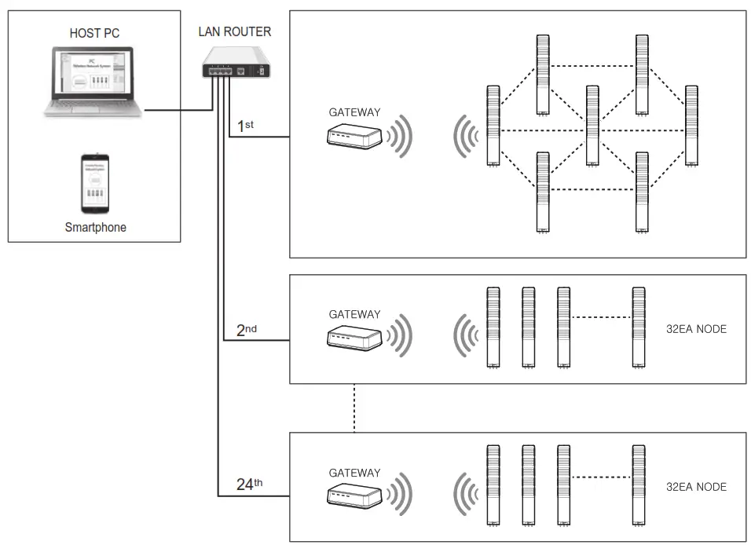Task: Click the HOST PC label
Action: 94,33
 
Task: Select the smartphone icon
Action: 95,183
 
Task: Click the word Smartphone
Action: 95,228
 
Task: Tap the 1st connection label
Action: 245,125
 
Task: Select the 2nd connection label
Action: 247,330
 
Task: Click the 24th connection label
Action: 250,484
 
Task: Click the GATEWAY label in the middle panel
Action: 354,314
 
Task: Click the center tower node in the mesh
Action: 592,125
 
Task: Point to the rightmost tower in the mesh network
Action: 691,125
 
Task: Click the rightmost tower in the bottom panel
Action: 640,485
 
